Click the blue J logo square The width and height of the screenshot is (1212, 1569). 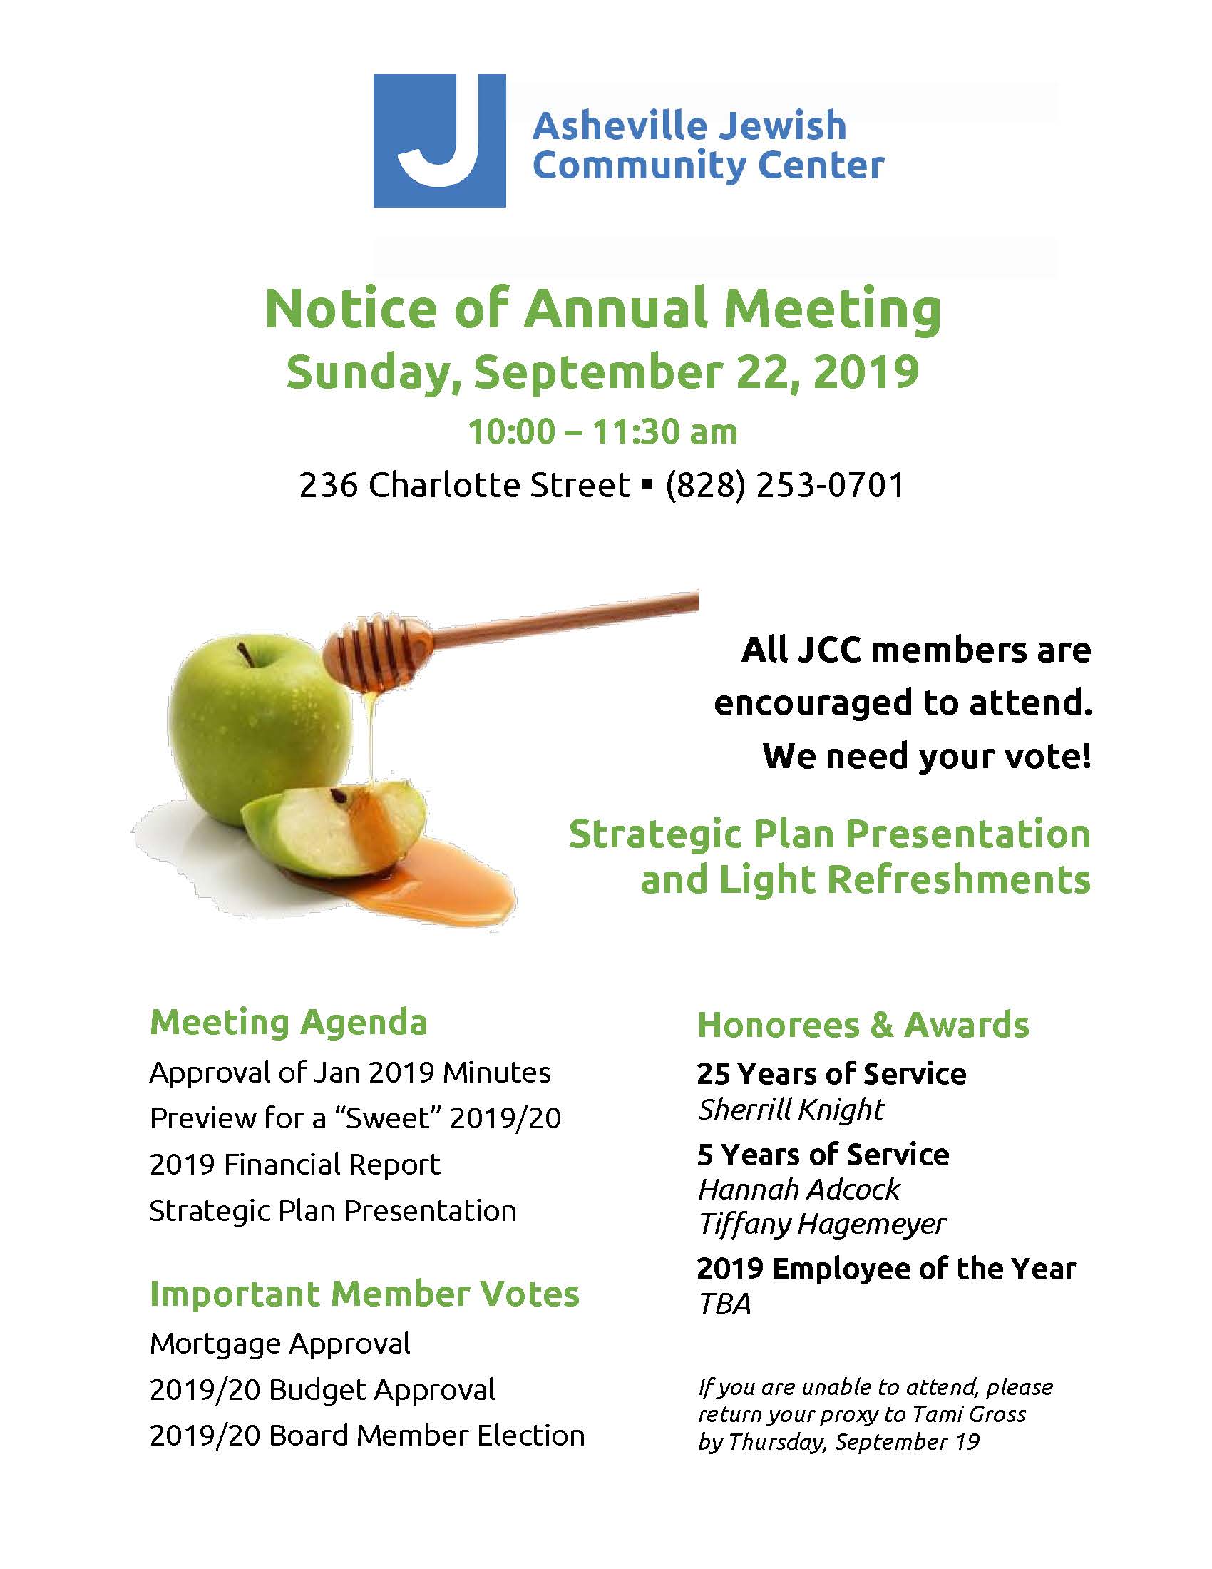click(x=438, y=140)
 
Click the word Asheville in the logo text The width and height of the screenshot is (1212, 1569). click(x=614, y=126)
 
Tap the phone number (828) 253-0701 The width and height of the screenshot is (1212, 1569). click(x=785, y=485)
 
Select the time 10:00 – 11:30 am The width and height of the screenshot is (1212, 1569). click(x=602, y=431)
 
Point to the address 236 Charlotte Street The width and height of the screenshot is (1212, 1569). click(x=464, y=485)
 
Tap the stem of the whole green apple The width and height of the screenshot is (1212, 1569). click(x=245, y=653)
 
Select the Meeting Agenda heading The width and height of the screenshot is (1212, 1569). click(x=289, y=1022)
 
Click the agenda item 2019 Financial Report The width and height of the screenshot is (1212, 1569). click(x=294, y=1165)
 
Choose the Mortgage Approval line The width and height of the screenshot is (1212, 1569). click(x=280, y=1344)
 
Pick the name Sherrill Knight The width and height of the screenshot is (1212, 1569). click(x=791, y=1110)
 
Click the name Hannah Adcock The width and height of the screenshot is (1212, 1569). click(x=798, y=1190)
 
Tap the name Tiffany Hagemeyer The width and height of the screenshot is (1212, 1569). click(x=821, y=1224)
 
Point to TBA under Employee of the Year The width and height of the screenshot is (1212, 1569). click(x=724, y=1304)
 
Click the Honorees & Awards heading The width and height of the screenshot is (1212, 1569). click(x=863, y=1025)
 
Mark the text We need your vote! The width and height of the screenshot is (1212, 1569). click(x=926, y=757)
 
